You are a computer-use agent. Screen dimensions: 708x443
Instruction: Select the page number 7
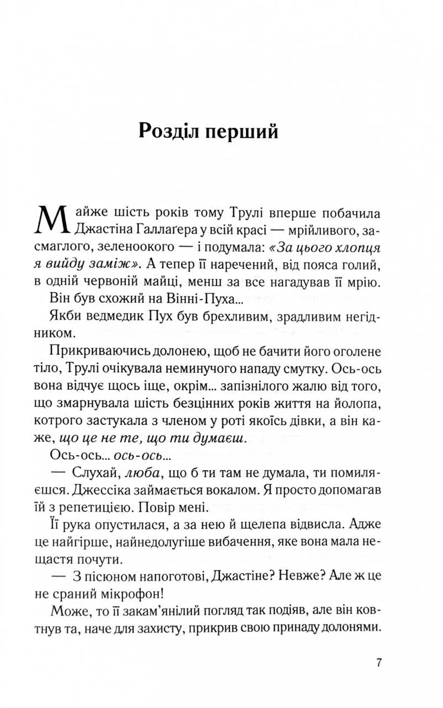click(378, 664)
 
